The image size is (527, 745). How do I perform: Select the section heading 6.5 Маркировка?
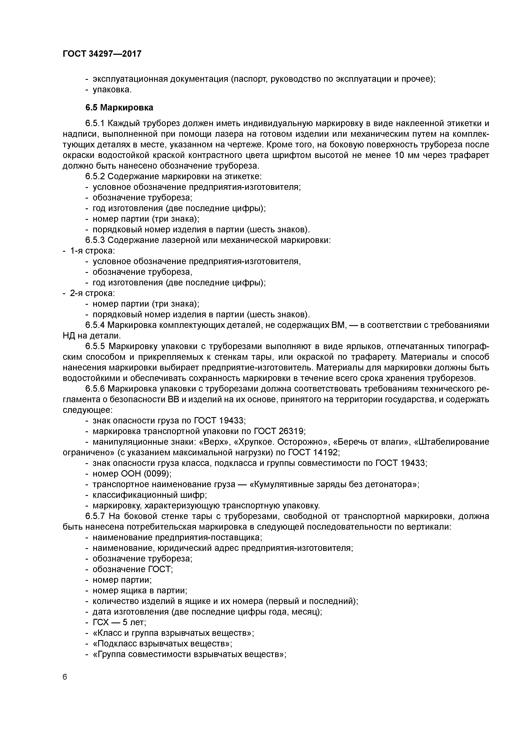(119, 107)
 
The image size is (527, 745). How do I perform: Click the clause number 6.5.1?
(95, 124)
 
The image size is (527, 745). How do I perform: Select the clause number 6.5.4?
(95, 325)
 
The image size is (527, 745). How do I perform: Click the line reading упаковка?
(112, 90)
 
